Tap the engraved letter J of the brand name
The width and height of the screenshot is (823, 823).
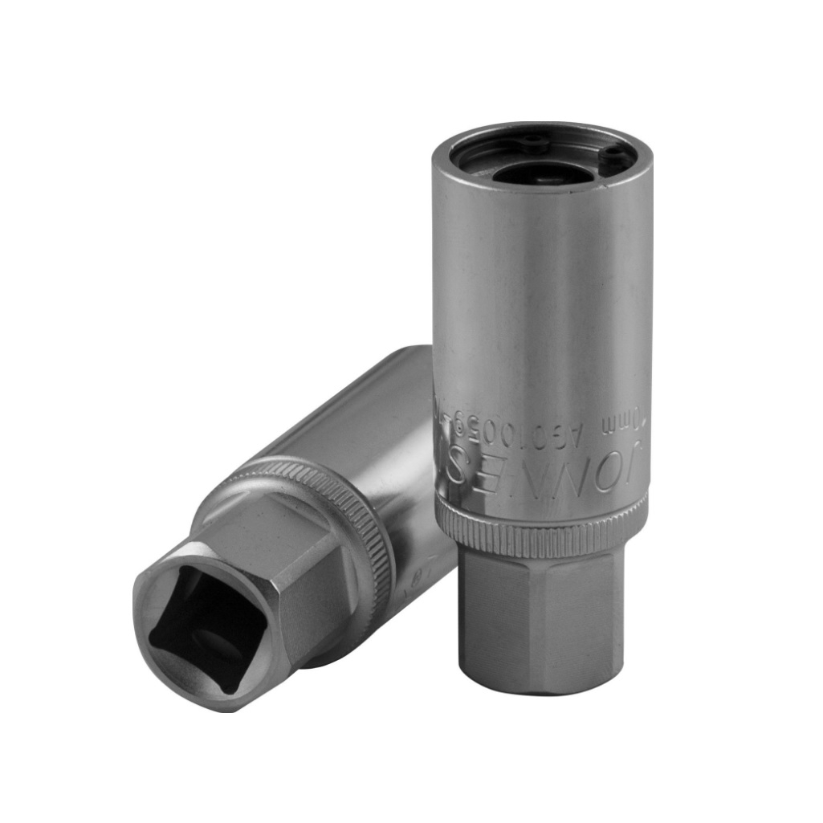tap(634, 463)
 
